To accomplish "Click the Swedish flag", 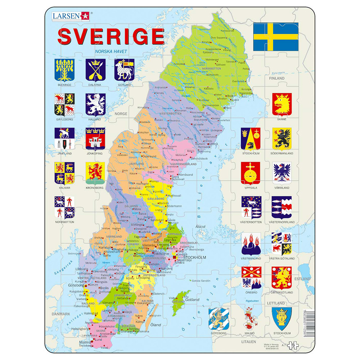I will pyautogui.click(x=276, y=37).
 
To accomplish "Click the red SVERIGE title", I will pyautogui.click(x=111, y=36).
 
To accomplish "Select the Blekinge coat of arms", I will pyautogui.click(x=64, y=70).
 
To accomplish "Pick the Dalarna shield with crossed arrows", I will pyautogui.click(x=95, y=70).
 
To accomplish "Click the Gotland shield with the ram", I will pyautogui.click(x=124, y=70).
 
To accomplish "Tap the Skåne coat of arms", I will pyautogui.click(x=282, y=104).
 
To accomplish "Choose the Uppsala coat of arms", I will pyautogui.click(x=251, y=173).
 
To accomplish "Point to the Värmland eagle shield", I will pyautogui.click(x=282, y=173).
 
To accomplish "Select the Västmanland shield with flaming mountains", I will pyautogui.click(x=251, y=243).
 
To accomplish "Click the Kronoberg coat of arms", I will pyautogui.click(x=95, y=173).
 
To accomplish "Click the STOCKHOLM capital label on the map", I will pyautogui.click(x=195, y=258).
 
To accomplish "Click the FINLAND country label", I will pyautogui.click(x=284, y=78).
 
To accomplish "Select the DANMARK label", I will pyautogui.click(x=60, y=314).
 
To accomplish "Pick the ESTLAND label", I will pyautogui.click(x=302, y=279).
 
